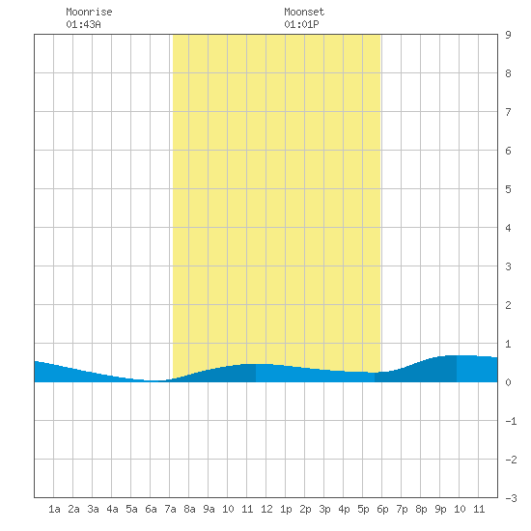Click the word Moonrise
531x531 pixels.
(89, 12)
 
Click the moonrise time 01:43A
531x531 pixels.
(83, 24)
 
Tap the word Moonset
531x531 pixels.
(304, 12)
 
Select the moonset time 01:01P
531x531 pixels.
(301, 24)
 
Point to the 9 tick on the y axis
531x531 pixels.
(508, 35)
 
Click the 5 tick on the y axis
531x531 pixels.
(508, 189)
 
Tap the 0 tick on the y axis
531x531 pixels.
(508, 382)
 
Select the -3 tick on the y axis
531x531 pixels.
(512, 498)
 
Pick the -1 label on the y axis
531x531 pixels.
(512, 421)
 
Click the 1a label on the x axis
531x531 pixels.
(54, 509)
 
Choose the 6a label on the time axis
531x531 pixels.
(151, 509)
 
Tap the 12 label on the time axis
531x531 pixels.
(266, 509)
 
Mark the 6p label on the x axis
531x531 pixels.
(382, 509)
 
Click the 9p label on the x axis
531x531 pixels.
(440, 509)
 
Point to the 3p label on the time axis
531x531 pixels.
(324, 509)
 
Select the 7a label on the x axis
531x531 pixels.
(170, 509)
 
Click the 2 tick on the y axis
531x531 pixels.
(508, 305)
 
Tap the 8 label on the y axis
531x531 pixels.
(508, 73)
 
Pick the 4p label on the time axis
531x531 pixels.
(344, 509)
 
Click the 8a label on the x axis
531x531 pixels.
(189, 509)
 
